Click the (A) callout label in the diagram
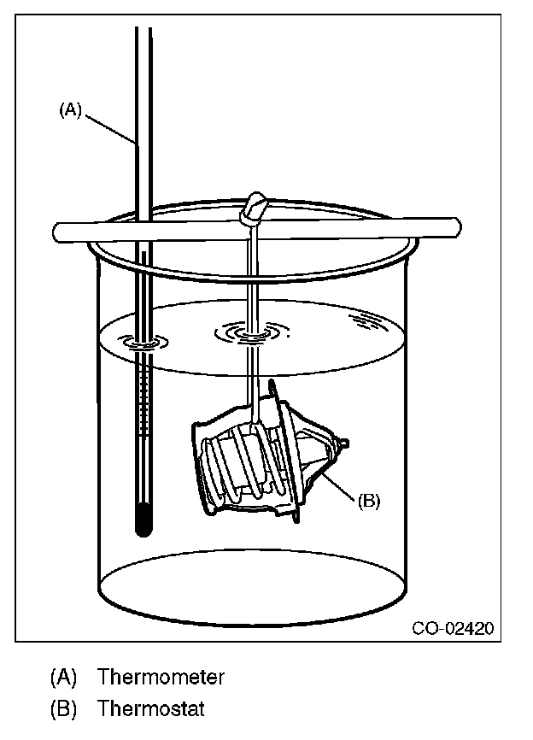coord(70,109)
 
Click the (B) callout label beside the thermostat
coord(367,502)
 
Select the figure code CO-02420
coord(452,629)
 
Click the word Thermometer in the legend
coord(161,678)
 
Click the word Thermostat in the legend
coord(151,708)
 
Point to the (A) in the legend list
coord(64,678)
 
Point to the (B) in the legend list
coord(64,708)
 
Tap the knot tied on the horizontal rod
coord(255,208)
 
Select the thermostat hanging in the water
coord(265,453)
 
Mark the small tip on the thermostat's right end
coord(343,442)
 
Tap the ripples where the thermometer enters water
coord(143,343)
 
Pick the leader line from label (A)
coord(109,127)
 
